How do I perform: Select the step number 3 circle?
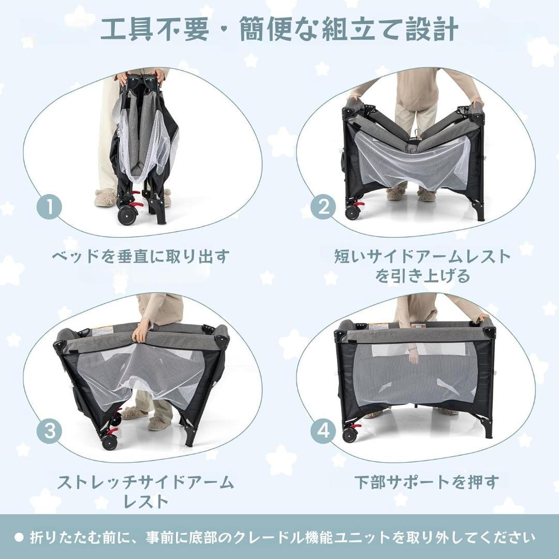pyautogui.click(x=50, y=431)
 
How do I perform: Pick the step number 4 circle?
pyautogui.click(x=323, y=431)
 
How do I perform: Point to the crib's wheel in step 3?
pyautogui.click(x=109, y=442)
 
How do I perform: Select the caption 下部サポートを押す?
pyautogui.click(x=426, y=482)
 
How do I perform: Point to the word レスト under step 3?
pyautogui.click(x=145, y=501)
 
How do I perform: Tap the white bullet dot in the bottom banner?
pyautogui.click(x=19, y=537)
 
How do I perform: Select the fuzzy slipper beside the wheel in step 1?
pyautogui.click(x=105, y=197)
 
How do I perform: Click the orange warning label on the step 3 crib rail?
pyautogui.click(x=102, y=330)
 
